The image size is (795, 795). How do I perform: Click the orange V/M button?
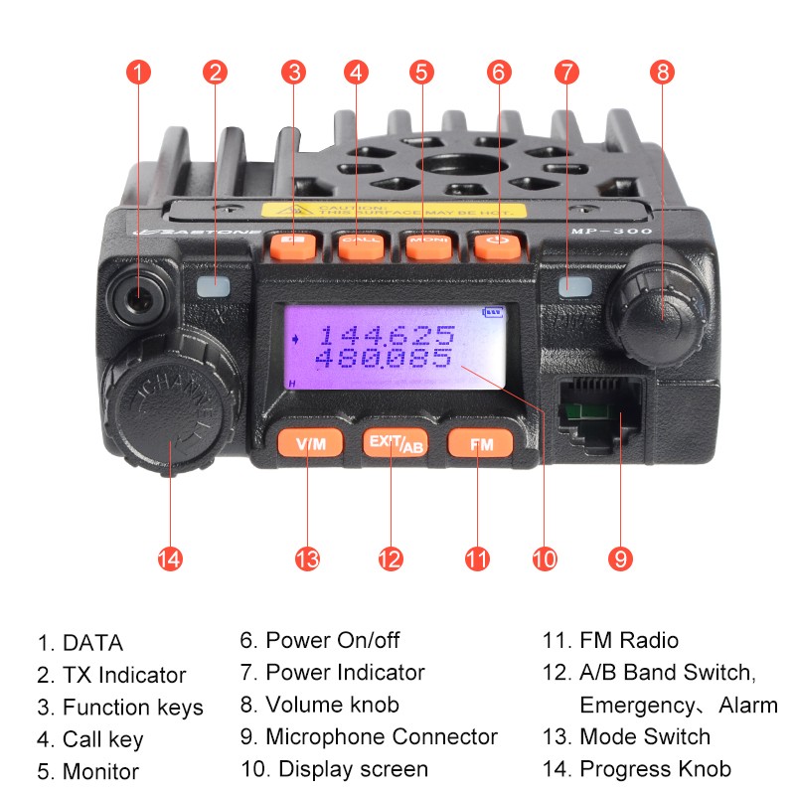[309, 443]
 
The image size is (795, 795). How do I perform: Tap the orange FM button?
[480, 444]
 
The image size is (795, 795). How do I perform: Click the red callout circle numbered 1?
[139, 72]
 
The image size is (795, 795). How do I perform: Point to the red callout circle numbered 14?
[170, 558]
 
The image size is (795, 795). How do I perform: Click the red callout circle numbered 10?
[544, 558]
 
